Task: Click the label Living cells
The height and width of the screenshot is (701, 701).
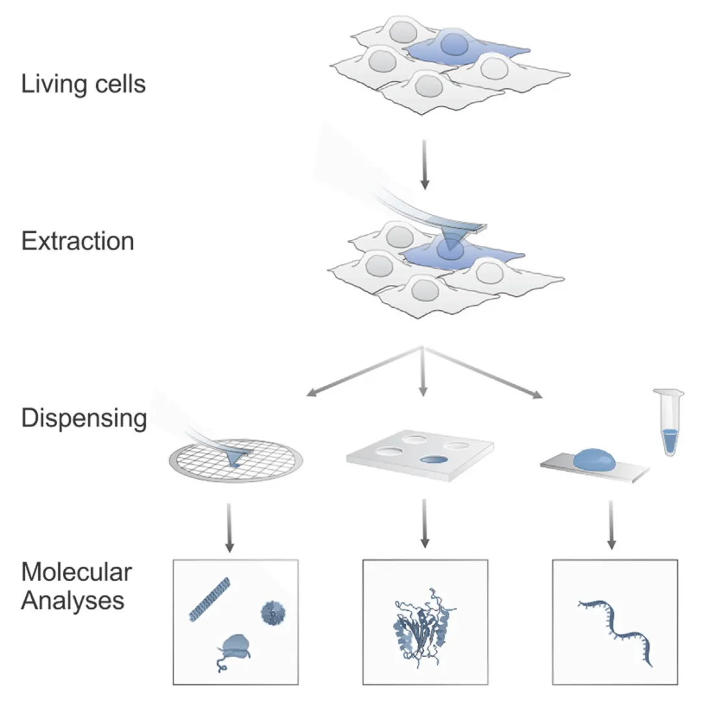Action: coord(84,84)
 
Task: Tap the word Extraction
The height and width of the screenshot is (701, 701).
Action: coord(78,241)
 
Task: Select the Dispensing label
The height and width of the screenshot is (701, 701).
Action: coord(84,419)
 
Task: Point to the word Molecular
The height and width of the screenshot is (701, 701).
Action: coord(77,572)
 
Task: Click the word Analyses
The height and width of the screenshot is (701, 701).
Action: coord(73,600)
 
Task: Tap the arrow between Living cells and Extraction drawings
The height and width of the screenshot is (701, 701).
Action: coord(424,164)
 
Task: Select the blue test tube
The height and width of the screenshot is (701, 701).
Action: coord(669,422)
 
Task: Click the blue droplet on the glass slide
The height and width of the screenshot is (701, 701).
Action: coord(594,459)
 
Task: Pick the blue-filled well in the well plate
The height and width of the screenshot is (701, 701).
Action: coord(434,460)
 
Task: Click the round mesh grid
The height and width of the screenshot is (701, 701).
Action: coord(236,461)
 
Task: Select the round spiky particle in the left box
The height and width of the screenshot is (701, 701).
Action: coord(273,613)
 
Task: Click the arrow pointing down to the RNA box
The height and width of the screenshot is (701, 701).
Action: coord(611,525)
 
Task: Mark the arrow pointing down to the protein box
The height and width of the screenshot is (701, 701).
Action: coord(424,524)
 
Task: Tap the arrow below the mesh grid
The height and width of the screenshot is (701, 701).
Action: coord(229,528)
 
